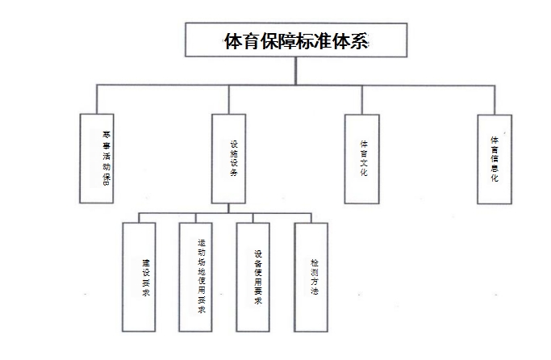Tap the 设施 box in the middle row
pyautogui.click(x=228, y=158)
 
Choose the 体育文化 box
pyautogui.click(x=362, y=158)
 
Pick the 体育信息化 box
pyautogui.click(x=494, y=158)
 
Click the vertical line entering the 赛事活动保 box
pyautogui.click(x=96, y=98)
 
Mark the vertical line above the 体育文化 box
pyautogui.click(x=361, y=98)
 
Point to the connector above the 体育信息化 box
pyautogui.click(x=494, y=98)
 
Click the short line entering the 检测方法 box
pyautogui.click(x=311, y=217)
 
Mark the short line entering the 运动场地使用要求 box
pyautogui.click(x=196, y=217)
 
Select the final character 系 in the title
pyautogui.click(x=359, y=40)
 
